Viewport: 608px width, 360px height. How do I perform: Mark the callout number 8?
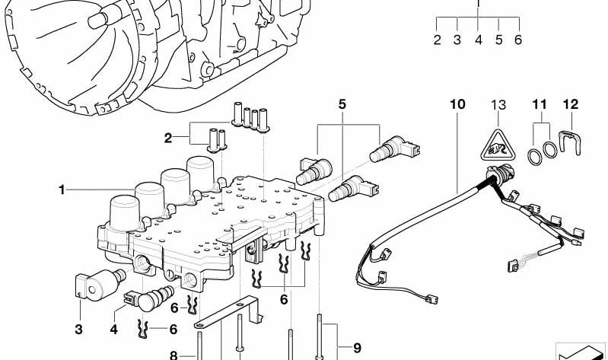click(x=172, y=354)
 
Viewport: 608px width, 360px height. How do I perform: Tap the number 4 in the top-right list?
click(x=478, y=40)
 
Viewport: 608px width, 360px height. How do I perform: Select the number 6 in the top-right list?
click(x=518, y=40)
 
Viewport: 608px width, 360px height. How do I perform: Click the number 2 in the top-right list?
click(x=438, y=40)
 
